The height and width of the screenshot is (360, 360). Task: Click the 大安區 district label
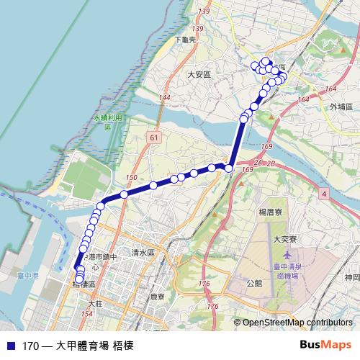[198, 74]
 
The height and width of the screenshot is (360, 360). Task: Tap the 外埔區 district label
[341, 106]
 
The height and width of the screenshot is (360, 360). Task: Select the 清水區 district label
[143, 253]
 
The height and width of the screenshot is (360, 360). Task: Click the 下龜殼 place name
[185, 40]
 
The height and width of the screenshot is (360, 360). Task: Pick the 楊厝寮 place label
[274, 214]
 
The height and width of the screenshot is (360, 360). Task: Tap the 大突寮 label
[285, 238]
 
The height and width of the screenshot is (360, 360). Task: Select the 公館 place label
[253, 283]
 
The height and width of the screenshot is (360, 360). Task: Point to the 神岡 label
[352, 277]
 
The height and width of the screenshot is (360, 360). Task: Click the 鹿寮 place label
[158, 297]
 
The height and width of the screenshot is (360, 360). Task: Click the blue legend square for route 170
[9, 345]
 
